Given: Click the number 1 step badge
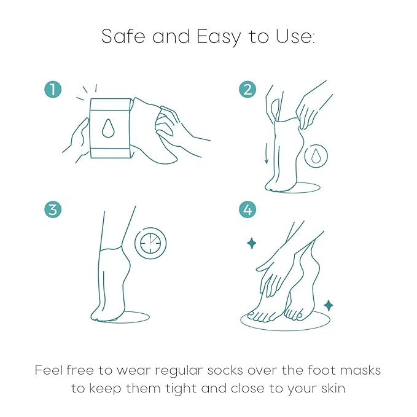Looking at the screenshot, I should click(x=53, y=90).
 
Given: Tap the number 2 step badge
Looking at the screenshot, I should click(x=247, y=90).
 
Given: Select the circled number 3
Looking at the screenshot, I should click(x=53, y=209).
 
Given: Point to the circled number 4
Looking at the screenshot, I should click(x=247, y=209).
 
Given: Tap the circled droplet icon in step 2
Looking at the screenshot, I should click(x=316, y=155).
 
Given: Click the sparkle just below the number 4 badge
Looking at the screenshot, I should click(x=251, y=243).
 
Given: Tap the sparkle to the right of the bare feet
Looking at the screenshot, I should click(x=329, y=305).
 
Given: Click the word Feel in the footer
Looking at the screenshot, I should click(x=47, y=370).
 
